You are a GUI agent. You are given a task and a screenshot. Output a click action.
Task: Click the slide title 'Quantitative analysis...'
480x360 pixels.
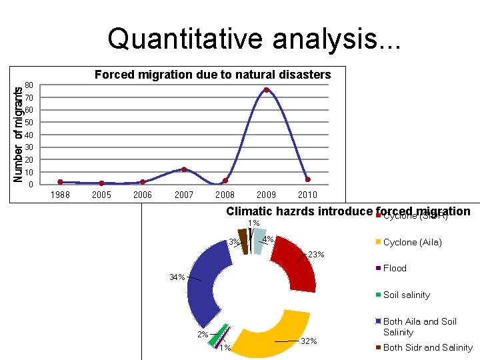(x=254, y=39)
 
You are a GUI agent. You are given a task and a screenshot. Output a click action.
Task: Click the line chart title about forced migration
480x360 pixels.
(x=213, y=75)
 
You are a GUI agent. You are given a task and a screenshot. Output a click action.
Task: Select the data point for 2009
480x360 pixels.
(x=266, y=90)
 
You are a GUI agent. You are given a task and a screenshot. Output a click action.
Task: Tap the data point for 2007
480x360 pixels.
(x=184, y=169)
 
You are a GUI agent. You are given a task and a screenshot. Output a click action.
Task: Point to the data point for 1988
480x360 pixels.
(x=61, y=182)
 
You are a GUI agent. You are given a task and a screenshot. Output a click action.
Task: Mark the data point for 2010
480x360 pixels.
(x=307, y=179)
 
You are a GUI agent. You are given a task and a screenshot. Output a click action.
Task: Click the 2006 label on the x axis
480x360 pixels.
(x=143, y=195)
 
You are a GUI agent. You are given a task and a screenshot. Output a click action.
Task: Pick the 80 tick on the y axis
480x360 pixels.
(x=29, y=85)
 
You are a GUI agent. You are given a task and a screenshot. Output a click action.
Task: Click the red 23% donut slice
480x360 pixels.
(x=296, y=260)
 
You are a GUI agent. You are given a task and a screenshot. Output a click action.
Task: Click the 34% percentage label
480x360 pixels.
(x=177, y=277)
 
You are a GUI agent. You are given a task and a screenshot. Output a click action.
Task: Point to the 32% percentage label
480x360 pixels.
(x=309, y=341)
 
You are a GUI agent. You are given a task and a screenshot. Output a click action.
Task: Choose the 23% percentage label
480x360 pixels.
(x=316, y=254)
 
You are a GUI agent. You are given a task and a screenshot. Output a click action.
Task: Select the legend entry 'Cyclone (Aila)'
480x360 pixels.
(x=412, y=242)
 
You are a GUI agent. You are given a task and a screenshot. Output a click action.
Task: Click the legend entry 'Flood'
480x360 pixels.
(x=395, y=268)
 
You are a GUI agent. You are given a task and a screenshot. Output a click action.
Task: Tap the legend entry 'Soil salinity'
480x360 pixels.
(x=407, y=295)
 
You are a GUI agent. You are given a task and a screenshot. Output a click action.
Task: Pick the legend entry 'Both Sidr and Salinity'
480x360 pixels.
(x=428, y=347)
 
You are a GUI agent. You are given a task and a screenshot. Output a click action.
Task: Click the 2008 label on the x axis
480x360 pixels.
(x=225, y=195)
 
